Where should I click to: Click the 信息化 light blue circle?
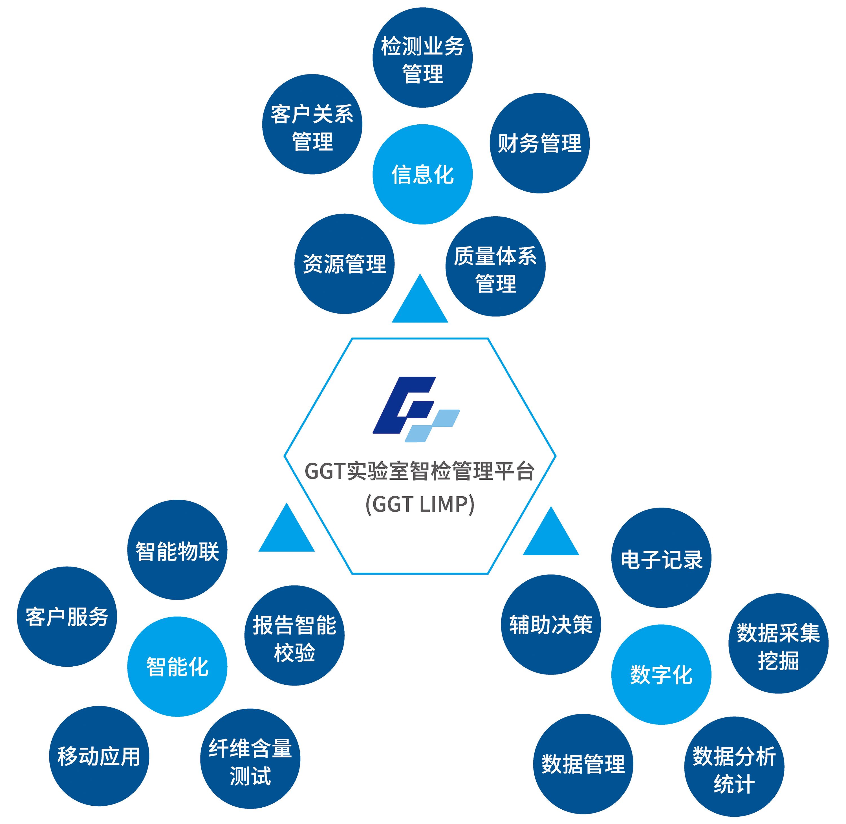point(422,174)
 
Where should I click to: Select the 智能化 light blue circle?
point(177,666)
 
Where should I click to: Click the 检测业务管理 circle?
point(422,58)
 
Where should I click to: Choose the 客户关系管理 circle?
point(312,125)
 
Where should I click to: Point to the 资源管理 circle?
point(344,264)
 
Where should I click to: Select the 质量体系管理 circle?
point(495,266)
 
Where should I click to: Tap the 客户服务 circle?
point(67,617)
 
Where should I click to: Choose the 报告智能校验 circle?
point(294,636)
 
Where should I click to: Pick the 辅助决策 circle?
point(551,625)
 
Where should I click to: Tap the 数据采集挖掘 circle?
point(778,644)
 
